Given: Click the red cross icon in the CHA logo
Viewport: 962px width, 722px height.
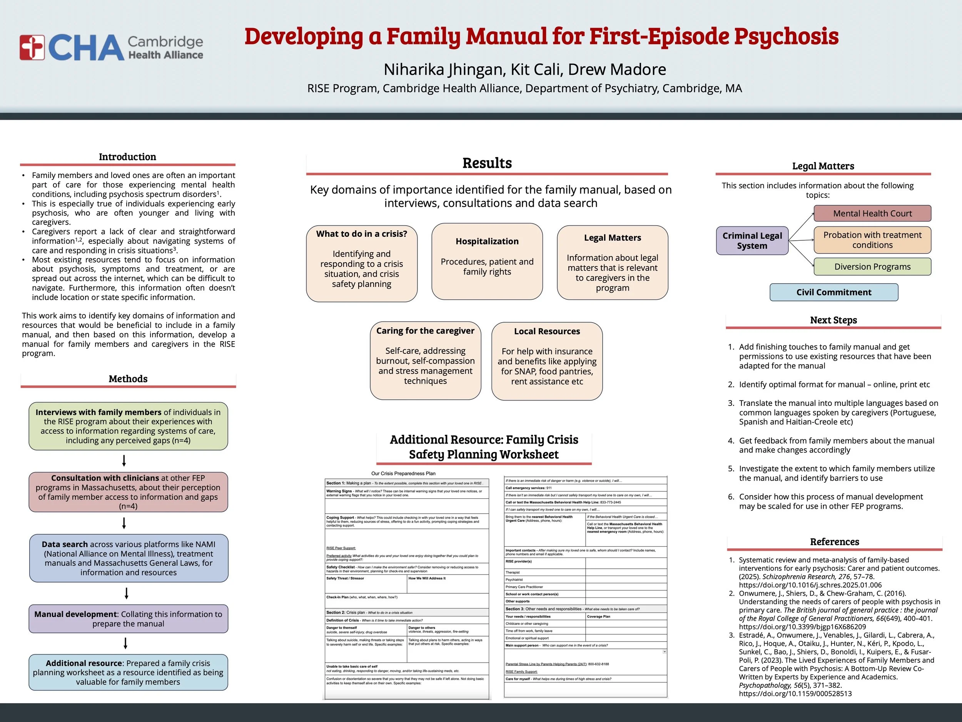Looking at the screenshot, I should [32, 47].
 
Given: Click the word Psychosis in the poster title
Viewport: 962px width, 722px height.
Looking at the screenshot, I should [786, 37].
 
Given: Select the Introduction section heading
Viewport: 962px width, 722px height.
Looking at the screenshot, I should [127, 157].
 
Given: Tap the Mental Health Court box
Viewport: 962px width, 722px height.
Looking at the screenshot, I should [872, 213].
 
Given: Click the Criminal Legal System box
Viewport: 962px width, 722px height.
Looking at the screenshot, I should [752, 241].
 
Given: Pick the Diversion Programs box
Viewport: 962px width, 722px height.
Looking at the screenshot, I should [872, 267].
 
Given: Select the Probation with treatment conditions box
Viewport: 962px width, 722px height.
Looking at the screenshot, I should [872, 240].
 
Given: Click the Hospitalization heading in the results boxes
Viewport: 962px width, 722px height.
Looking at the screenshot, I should [487, 241].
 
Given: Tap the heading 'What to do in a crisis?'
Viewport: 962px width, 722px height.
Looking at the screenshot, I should [361, 234].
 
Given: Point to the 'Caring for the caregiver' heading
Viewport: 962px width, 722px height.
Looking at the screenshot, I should [425, 331].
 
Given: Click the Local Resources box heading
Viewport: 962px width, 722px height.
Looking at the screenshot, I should [547, 331].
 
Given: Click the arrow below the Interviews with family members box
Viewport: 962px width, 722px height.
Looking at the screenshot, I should [124, 461].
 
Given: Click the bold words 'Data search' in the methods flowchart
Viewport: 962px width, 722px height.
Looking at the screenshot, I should [64, 544].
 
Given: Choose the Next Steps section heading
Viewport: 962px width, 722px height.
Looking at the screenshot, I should [833, 320].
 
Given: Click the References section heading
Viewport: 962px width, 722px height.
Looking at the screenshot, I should [834, 542].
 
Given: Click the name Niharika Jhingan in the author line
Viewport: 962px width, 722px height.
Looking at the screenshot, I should [443, 70].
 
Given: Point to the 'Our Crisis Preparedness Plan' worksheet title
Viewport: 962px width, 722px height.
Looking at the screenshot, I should [403, 474].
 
